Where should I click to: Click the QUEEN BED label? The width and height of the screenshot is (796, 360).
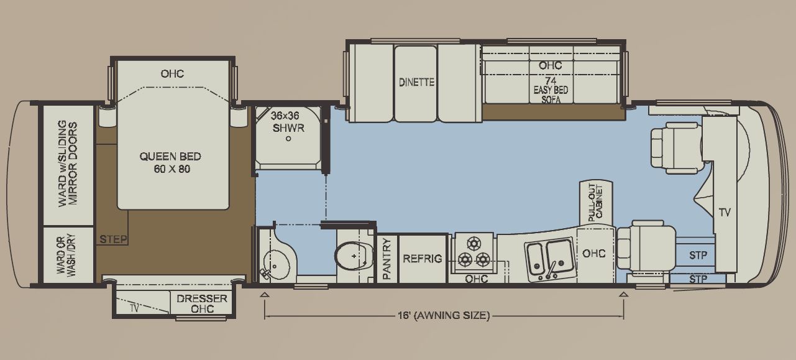point(170,157)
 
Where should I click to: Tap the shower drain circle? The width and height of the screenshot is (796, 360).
point(288,139)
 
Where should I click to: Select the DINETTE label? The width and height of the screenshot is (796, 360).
point(416,83)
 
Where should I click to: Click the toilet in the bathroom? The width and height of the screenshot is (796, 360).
point(354,256)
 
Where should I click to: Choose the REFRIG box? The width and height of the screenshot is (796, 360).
point(423,259)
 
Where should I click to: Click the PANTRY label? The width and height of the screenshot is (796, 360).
point(387,259)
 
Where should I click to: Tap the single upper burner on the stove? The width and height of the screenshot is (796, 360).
point(473,243)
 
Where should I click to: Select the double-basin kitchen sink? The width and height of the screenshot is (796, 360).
point(550,259)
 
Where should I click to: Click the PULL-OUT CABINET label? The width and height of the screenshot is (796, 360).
point(596,203)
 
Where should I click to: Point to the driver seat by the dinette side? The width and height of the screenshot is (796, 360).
point(676,148)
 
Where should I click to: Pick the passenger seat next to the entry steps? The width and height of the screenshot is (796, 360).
point(646,245)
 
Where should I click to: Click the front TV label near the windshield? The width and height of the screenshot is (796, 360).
point(725,213)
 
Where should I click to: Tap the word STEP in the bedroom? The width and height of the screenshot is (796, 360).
point(113,239)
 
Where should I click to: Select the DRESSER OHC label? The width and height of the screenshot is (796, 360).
point(202,303)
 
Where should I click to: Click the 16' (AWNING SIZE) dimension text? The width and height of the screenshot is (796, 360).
point(444,315)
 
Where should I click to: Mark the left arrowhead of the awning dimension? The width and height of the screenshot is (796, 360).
point(265,294)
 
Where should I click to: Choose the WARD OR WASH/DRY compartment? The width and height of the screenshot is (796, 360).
point(68,254)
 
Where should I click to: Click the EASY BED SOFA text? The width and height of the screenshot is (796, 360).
point(551,95)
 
